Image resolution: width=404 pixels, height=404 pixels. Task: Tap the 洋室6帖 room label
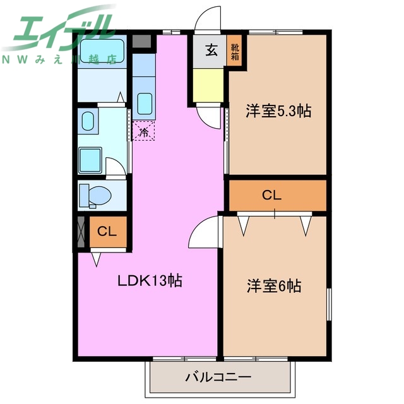click(273, 286)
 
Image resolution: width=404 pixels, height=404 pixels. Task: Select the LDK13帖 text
click(150, 281)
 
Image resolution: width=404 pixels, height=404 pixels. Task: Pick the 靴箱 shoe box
click(235, 51)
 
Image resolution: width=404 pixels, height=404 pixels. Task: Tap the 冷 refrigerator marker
click(144, 132)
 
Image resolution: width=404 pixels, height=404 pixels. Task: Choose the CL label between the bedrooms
click(271, 196)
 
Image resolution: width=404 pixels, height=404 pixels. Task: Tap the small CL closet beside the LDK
click(107, 232)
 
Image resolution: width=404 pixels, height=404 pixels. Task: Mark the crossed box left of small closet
click(81, 232)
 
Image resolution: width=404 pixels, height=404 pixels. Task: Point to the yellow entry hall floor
click(208, 85)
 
